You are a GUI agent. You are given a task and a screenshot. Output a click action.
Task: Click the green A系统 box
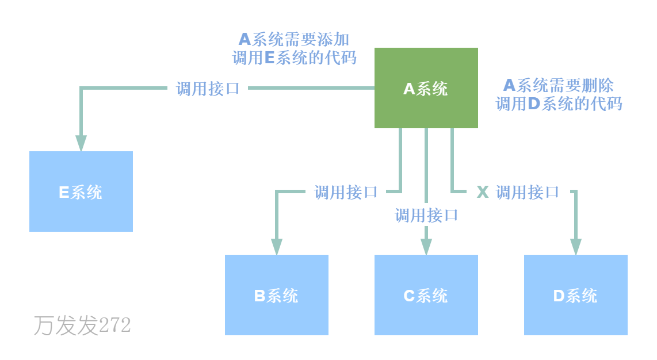(426, 88)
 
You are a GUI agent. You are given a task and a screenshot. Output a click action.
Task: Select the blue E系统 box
(81, 192)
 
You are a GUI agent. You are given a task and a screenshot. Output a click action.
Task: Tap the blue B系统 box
(277, 295)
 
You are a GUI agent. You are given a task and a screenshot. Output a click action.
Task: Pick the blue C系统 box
(426, 295)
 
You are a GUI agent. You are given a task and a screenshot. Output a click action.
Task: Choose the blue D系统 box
(576, 295)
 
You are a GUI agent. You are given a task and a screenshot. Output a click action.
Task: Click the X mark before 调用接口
(483, 192)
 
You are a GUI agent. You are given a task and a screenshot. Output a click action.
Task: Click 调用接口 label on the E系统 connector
(208, 89)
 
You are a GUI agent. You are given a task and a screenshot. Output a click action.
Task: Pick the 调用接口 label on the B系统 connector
(346, 192)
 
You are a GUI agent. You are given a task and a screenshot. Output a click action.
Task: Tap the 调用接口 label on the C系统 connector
(426, 216)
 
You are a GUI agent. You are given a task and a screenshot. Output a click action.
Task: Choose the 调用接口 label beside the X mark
(528, 192)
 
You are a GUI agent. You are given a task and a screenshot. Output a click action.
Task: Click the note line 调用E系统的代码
(294, 58)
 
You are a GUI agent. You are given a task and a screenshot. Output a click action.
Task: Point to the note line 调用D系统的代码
(559, 104)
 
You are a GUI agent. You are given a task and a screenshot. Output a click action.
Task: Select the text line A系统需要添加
(294, 39)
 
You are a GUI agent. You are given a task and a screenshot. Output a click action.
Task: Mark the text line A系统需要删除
(559, 85)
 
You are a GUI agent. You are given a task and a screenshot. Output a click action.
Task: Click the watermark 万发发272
(82, 325)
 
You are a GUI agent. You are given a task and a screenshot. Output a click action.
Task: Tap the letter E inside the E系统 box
(64, 192)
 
